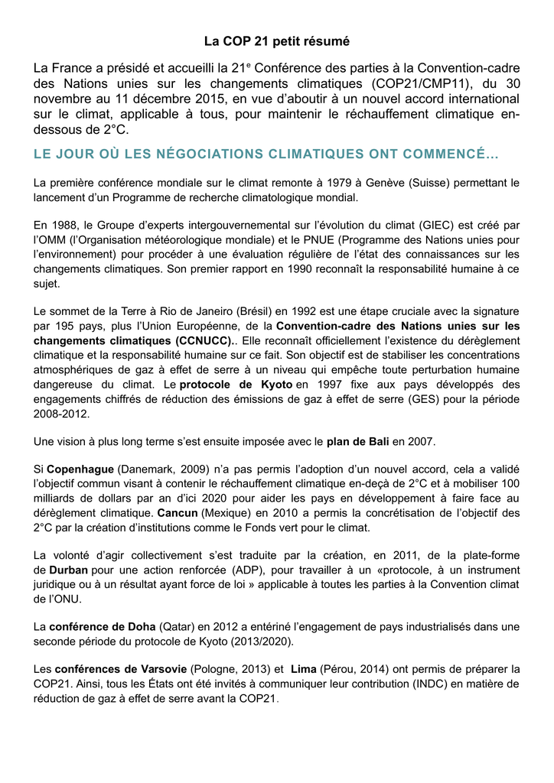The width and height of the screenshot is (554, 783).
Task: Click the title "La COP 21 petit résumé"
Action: coord(277,40)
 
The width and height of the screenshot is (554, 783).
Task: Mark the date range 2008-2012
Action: coord(62,414)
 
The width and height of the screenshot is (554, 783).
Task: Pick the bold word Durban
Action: coord(68,570)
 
